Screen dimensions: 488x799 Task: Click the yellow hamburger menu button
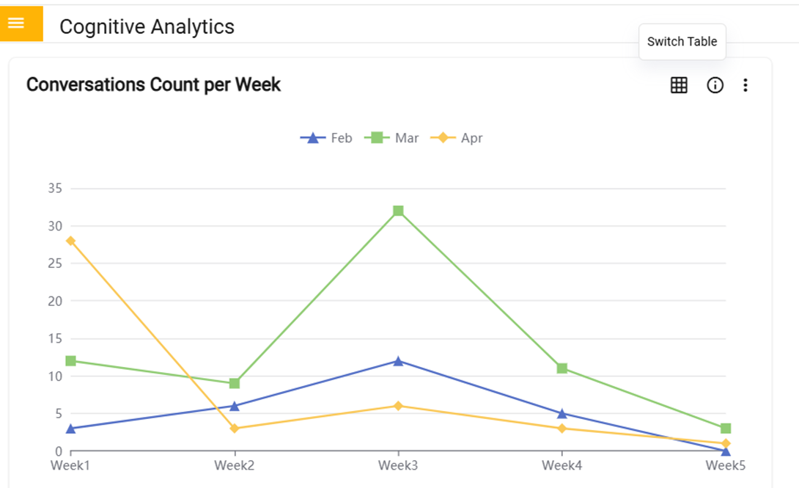point(16,23)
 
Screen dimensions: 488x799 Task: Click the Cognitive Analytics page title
point(147,26)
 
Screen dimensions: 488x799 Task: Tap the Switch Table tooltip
point(682,42)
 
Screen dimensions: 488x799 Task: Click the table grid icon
point(679,85)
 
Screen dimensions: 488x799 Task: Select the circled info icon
point(715,85)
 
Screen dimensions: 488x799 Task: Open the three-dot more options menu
point(745,85)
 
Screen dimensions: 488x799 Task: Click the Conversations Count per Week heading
point(153,84)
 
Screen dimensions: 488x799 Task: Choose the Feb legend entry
point(327,138)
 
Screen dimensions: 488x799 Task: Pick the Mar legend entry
point(392,138)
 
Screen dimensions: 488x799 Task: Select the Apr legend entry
point(457,138)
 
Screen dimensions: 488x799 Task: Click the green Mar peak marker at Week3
point(398,211)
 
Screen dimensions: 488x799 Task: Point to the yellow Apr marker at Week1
point(70,241)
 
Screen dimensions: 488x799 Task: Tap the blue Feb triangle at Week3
point(398,361)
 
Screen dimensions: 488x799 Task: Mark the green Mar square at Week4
point(561,368)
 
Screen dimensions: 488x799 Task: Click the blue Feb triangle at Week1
point(70,429)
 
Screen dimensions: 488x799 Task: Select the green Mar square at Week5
point(726,429)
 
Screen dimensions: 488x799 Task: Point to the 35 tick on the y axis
point(54,189)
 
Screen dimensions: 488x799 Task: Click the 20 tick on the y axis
point(54,301)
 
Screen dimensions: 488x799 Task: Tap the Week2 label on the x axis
point(234,465)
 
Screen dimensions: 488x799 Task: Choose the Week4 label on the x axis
point(561,465)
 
